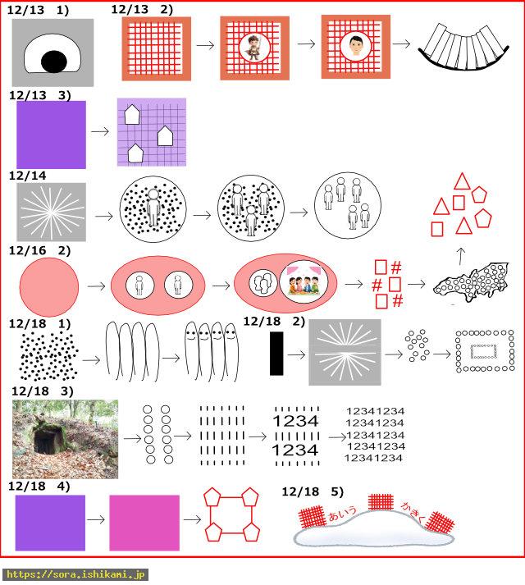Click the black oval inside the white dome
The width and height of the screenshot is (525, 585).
[54, 62]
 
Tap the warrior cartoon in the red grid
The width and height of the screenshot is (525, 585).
[254, 48]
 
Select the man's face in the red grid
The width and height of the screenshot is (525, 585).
[355, 46]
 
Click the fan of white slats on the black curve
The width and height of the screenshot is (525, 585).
[463, 47]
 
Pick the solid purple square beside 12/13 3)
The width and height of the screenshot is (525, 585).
[51, 135]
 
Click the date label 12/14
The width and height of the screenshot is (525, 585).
[27, 176]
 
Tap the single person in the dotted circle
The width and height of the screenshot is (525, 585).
[153, 207]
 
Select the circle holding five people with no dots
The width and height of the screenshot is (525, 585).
[348, 205]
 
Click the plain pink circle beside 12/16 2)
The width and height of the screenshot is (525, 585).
[49, 287]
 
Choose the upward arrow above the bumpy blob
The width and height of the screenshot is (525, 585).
[461, 256]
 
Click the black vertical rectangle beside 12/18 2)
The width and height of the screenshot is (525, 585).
[276, 354]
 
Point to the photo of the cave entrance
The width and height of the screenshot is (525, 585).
[66, 439]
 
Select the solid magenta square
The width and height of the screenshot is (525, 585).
[144, 523]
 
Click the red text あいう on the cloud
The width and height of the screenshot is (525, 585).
[343, 514]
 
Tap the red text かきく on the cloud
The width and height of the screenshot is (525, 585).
[413, 511]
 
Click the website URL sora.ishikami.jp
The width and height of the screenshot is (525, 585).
[75, 574]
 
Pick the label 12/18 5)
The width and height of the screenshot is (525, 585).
[313, 491]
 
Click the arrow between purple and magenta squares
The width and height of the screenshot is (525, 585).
[96, 519]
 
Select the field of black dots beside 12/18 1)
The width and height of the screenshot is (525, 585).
[48, 355]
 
